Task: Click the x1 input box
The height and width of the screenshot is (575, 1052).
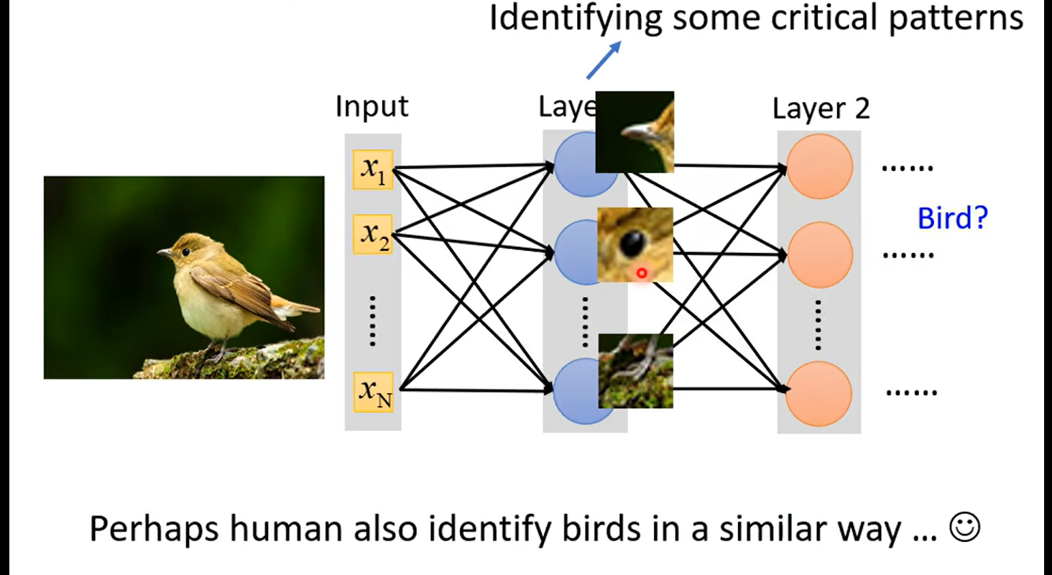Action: pos(373,170)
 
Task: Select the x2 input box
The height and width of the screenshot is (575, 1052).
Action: pos(373,234)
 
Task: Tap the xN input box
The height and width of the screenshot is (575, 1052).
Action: pos(374,392)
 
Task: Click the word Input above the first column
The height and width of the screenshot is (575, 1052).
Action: pos(372,106)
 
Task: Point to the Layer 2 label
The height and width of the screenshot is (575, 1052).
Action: pos(821,109)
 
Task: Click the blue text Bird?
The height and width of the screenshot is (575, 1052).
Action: pos(953,217)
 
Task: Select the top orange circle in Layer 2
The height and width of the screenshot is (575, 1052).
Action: pos(819,166)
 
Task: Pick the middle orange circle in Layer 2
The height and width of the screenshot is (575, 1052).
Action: pos(819,254)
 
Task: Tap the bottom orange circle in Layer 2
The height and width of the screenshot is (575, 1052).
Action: pos(819,394)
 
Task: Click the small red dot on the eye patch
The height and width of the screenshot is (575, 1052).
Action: pos(641,273)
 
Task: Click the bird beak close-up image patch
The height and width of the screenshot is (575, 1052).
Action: pos(635,132)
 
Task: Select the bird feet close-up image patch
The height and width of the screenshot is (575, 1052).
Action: pos(635,371)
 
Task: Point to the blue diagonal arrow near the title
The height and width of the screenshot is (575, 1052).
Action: pos(602,60)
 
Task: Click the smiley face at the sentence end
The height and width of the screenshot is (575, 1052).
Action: pos(964,528)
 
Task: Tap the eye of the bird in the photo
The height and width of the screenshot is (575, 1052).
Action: pos(185,252)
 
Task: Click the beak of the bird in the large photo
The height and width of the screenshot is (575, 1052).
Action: pos(165,253)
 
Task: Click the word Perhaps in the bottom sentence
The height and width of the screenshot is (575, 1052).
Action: pos(152,530)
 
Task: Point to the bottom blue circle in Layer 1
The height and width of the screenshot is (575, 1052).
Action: pos(579,392)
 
